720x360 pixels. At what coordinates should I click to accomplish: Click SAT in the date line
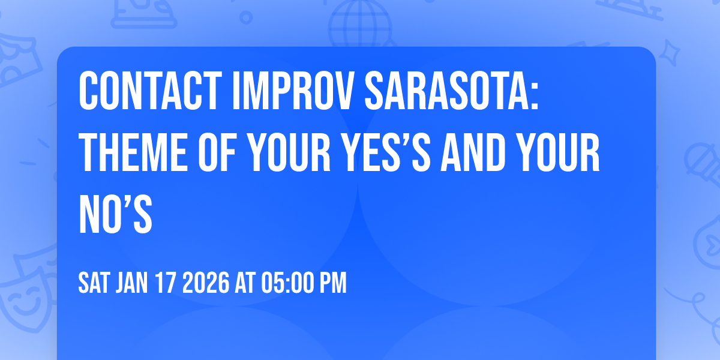point(93,283)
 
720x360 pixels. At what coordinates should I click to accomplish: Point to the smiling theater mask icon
point(24,294)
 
